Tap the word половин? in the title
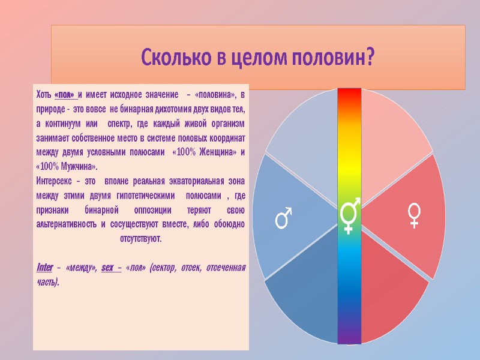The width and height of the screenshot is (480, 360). (x=332, y=58)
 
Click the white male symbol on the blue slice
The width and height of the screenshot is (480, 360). (x=283, y=218)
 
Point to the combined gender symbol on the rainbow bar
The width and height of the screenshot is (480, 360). (x=350, y=215)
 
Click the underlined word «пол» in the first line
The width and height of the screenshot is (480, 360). (x=65, y=95)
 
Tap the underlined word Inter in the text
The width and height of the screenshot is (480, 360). (x=46, y=266)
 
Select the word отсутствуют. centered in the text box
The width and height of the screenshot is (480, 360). (x=140, y=238)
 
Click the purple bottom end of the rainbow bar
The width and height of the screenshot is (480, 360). (x=349, y=337)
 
